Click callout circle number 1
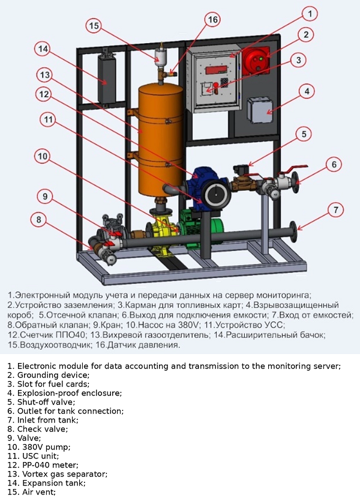click(309, 13)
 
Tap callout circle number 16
click(214, 19)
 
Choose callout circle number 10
click(42, 157)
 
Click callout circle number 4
click(307, 91)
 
